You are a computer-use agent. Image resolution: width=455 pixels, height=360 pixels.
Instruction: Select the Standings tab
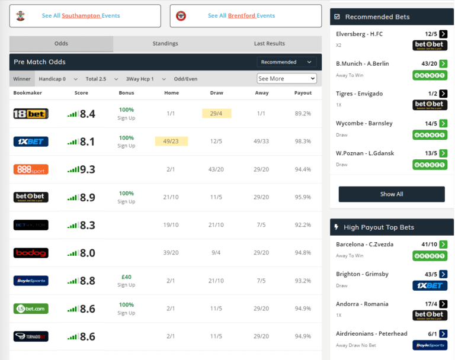click(x=165, y=44)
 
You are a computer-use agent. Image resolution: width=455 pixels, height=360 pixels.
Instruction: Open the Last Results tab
click(x=269, y=44)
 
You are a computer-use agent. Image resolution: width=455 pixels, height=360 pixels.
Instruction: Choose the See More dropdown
click(x=287, y=79)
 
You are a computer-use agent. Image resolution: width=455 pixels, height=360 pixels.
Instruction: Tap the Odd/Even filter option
click(x=185, y=79)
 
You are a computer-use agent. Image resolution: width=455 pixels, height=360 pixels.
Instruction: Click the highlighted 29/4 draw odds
click(x=216, y=114)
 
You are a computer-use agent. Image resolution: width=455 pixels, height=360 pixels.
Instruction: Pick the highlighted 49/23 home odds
click(x=171, y=142)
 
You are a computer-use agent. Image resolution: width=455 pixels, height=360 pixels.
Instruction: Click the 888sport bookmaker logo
click(x=31, y=169)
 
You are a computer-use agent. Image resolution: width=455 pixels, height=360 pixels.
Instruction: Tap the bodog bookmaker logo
click(x=31, y=253)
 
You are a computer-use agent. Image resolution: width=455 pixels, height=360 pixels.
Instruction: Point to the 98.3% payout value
click(x=303, y=142)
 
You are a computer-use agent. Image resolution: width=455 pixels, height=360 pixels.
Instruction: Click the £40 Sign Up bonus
click(x=126, y=281)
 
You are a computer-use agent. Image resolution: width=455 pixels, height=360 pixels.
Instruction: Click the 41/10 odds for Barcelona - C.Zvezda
click(x=429, y=245)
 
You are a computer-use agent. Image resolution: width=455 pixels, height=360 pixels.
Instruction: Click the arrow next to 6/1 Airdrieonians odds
click(x=443, y=334)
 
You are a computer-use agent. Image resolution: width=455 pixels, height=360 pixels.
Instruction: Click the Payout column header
click(x=303, y=93)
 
